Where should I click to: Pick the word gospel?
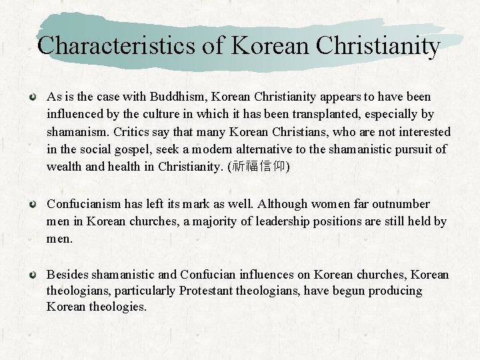coord(132,149)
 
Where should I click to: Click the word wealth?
coord(65,167)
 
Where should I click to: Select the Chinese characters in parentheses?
coord(258,167)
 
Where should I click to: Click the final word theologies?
coord(119,307)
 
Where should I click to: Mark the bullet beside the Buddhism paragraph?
coord(31,97)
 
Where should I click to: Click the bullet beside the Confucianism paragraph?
coord(31,204)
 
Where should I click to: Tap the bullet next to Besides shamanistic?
coord(31,275)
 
